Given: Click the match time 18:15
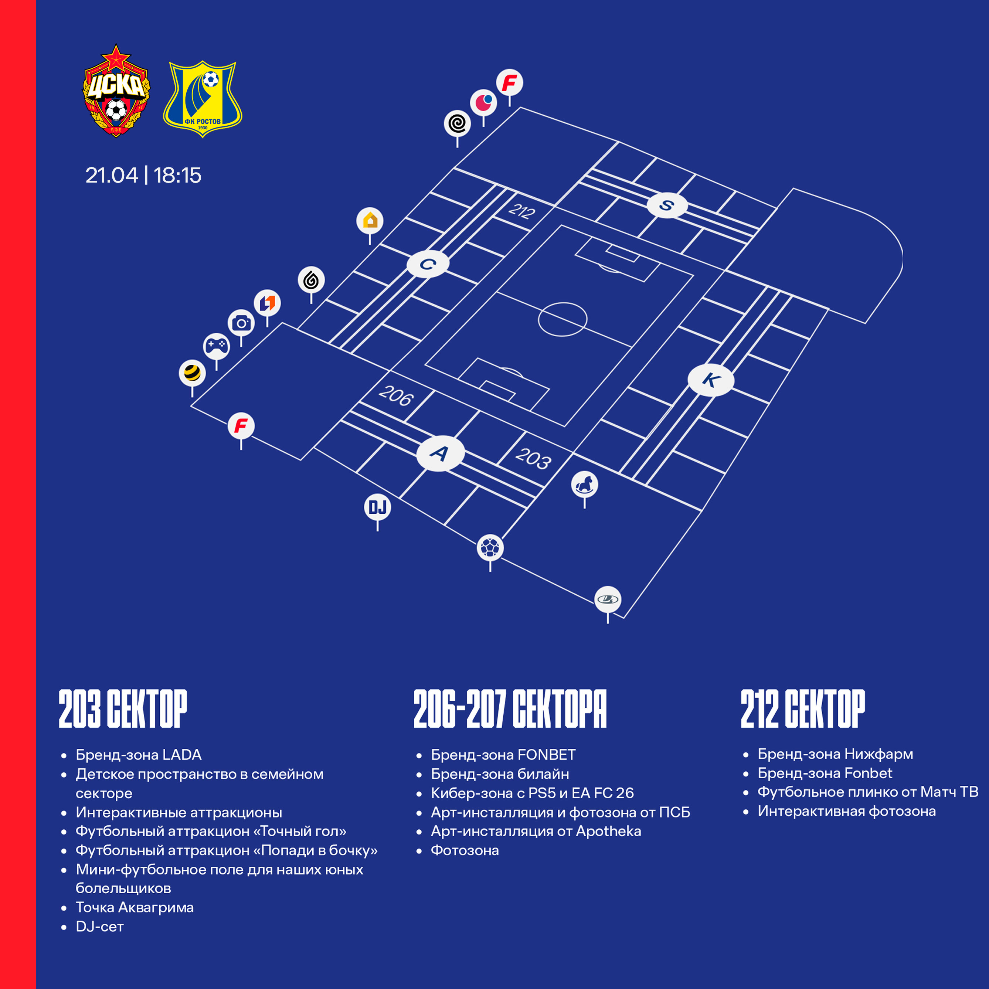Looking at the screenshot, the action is [178, 175].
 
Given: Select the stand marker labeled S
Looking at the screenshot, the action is [666, 205].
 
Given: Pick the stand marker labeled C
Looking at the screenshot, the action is [428, 264].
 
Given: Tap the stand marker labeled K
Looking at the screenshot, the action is [711, 380].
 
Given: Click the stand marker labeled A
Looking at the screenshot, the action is [440, 453].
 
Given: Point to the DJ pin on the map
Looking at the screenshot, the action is [378, 507].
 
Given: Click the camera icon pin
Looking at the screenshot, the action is [241, 323].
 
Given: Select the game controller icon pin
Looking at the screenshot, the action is [216, 347].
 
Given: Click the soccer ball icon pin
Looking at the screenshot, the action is [490, 548].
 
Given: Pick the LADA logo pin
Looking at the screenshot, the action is [608, 599].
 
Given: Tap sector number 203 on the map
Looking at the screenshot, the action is [533, 458].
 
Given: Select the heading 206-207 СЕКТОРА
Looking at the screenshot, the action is [510, 709].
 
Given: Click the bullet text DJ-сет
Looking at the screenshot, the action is [100, 927].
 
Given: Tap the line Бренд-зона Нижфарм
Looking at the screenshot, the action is [835, 754].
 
